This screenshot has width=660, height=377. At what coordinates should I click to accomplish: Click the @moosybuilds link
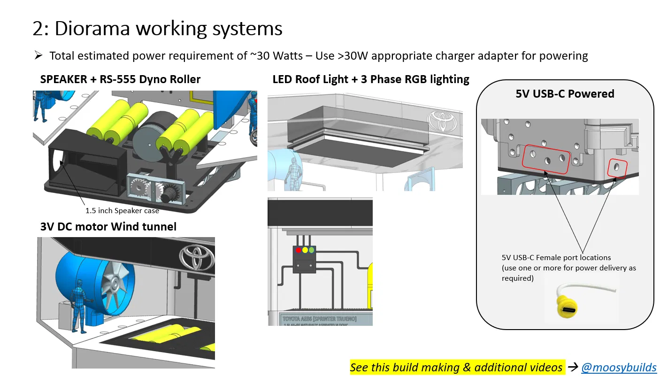619,368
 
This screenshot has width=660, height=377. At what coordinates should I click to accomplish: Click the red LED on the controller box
298,250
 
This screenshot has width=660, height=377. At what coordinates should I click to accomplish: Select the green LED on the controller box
311,250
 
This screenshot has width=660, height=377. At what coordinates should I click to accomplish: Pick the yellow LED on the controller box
305,250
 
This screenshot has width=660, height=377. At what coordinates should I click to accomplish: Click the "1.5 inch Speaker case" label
122,211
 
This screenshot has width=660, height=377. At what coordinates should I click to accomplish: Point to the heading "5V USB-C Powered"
565,94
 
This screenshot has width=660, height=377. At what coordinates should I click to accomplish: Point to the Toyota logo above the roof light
439,121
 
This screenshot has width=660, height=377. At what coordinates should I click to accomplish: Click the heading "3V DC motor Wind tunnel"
108,227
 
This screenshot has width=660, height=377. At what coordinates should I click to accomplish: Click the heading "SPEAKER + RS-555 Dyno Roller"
120,79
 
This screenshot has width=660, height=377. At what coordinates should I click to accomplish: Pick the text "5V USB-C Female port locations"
556,258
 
